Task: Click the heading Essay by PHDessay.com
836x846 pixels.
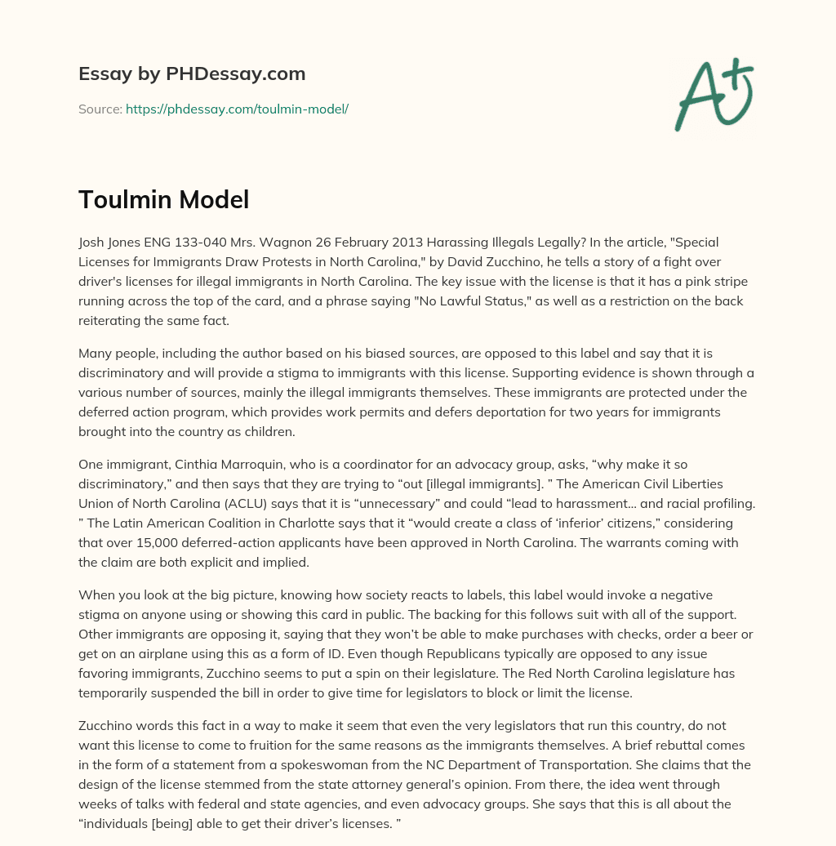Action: point(192,74)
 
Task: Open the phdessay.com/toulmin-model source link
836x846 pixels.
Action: point(237,109)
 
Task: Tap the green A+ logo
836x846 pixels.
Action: point(714,94)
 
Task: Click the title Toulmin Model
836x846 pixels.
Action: point(163,199)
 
